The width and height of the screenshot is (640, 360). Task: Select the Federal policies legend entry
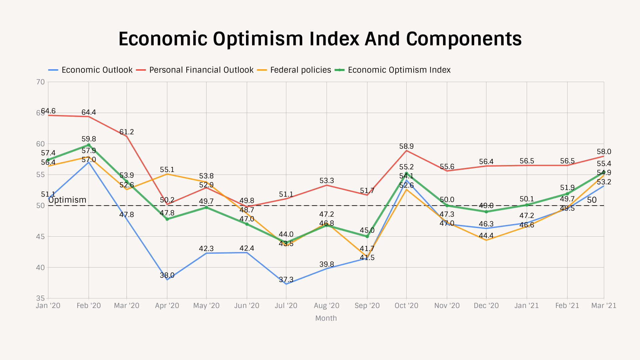click(300, 70)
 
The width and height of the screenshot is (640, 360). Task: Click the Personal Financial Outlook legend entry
click(201, 70)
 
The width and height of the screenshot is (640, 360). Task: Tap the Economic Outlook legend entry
click(97, 70)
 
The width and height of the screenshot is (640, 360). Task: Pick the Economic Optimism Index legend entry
click(399, 70)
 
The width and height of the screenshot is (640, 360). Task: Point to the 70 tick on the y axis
click(40, 82)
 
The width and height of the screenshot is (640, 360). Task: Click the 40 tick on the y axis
click(40, 268)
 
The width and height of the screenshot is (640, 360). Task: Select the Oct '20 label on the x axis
click(406, 306)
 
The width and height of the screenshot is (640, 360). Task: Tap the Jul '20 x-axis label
click(286, 306)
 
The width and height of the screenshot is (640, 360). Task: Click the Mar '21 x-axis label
click(603, 306)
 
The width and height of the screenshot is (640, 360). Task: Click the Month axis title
click(326, 318)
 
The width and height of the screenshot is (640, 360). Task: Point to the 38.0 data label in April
click(167, 275)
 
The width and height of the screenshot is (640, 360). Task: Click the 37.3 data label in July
click(286, 280)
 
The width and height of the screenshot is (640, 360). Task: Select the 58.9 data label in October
click(406, 146)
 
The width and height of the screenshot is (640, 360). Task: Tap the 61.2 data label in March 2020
click(126, 132)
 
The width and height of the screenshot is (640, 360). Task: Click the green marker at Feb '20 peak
click(89, 145)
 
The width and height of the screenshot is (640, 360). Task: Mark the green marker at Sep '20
click(367, 236)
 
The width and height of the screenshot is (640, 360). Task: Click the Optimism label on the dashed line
click(67, 200)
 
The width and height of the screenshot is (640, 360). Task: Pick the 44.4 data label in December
click(486, 236)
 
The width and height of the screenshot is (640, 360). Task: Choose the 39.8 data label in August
click(326, 264)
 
